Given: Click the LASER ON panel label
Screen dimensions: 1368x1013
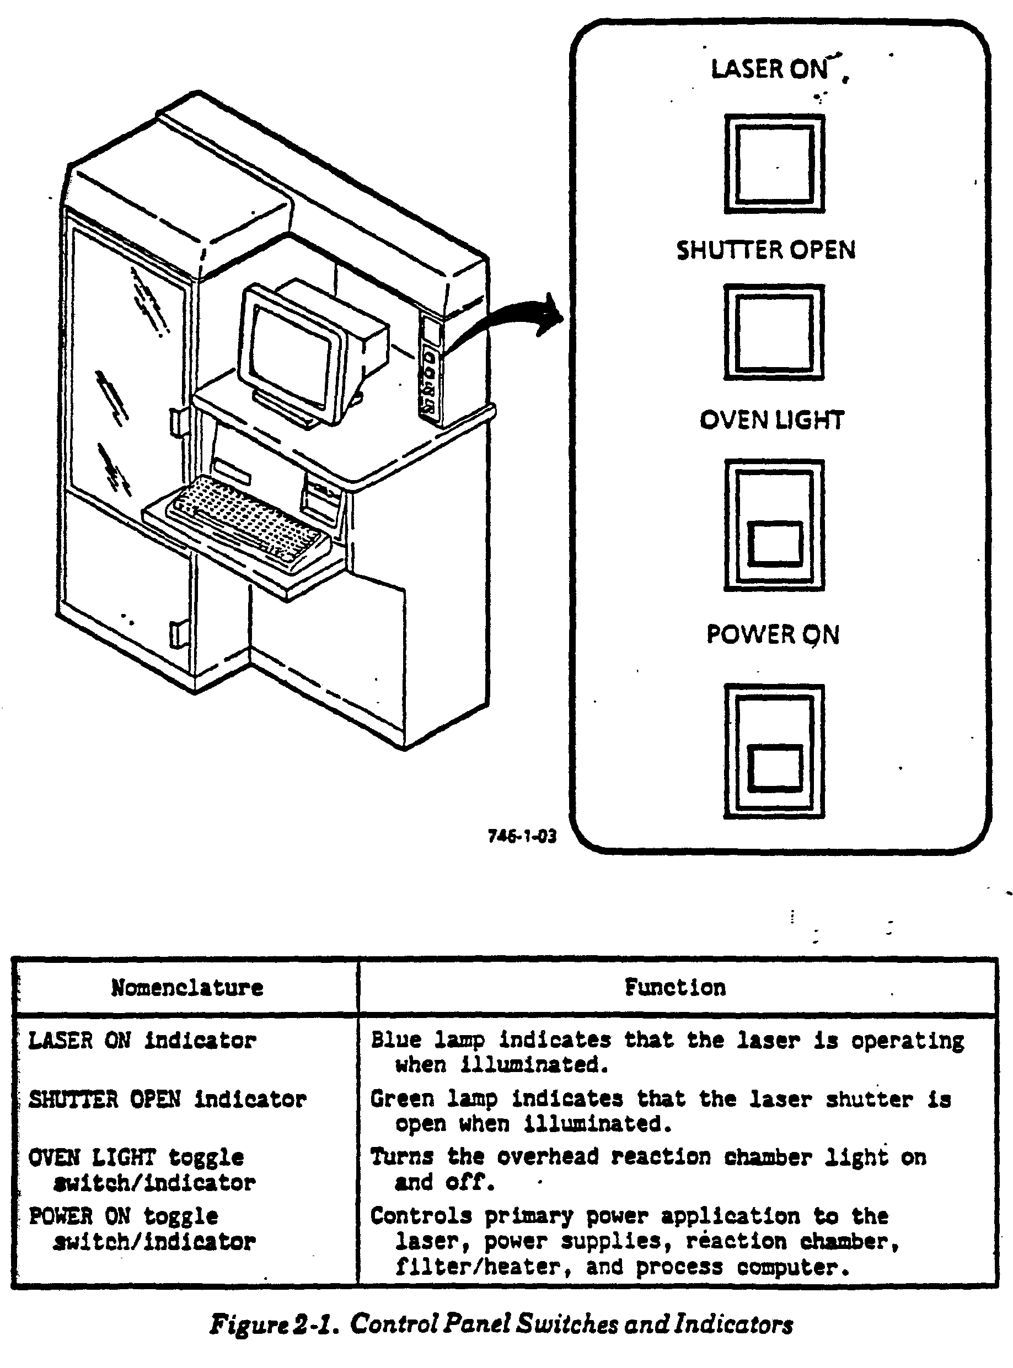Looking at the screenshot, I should [x=770, y=69].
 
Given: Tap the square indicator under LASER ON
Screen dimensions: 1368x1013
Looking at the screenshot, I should [x=774, y=164].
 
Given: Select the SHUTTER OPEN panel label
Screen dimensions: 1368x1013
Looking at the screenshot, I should [x=766, y=250].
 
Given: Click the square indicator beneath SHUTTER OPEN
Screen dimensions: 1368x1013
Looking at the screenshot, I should [x=774, y=332].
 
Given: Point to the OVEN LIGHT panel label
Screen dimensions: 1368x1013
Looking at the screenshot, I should [x=772, y=420].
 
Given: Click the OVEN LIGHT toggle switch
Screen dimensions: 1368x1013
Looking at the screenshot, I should [x=774, y=525].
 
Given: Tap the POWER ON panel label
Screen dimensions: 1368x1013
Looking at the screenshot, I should [x=773, y=634].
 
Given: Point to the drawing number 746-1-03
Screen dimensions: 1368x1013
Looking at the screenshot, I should [x=522, y=836].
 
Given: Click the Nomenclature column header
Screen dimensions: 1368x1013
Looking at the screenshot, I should [x=187, y=987].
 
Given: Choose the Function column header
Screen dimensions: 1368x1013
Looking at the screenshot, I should [x=674, y=987].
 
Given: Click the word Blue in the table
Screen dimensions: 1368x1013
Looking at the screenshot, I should [x=395, y=1040].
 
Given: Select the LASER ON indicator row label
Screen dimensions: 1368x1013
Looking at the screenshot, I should [x=142, y=1040].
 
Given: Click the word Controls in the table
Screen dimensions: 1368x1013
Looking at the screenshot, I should [x=421, y=1215].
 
